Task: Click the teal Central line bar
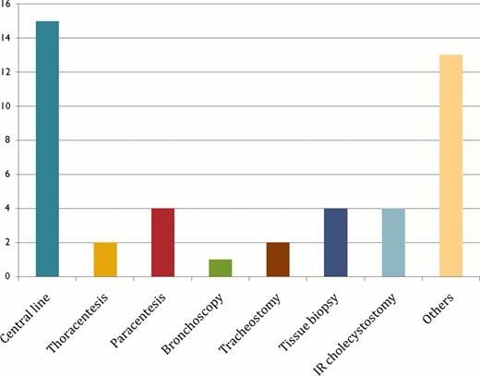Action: (x=47, y=148)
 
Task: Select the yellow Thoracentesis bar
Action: (x=105, y=259)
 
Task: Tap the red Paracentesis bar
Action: (x=162, y=242)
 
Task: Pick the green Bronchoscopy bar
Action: (x=220, y=267)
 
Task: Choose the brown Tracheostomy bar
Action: (x=278, y=259)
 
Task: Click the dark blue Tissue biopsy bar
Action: (x=336, y=242)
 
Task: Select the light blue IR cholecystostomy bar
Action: (x=393, y=242)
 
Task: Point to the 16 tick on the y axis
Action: (x=8, y=5)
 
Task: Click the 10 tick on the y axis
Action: (x=8, y=106)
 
